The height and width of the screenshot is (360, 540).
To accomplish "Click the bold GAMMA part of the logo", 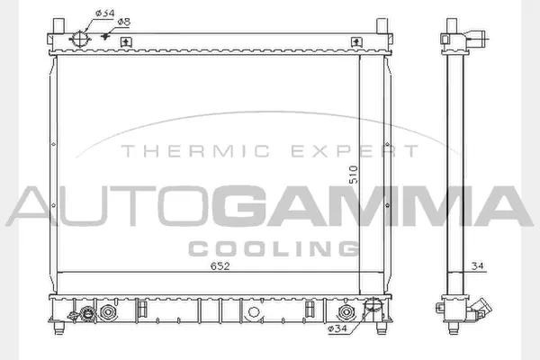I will pyautogui.click(x=377, y=207).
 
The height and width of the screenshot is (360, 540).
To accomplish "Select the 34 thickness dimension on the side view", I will pyautogui.click(x=479, y=266).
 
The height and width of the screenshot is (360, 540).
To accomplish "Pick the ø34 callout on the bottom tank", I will pyautogui.click(x=337, y=328).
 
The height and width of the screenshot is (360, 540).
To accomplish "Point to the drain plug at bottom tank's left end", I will pyautogui.click(x=87, y=314).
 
